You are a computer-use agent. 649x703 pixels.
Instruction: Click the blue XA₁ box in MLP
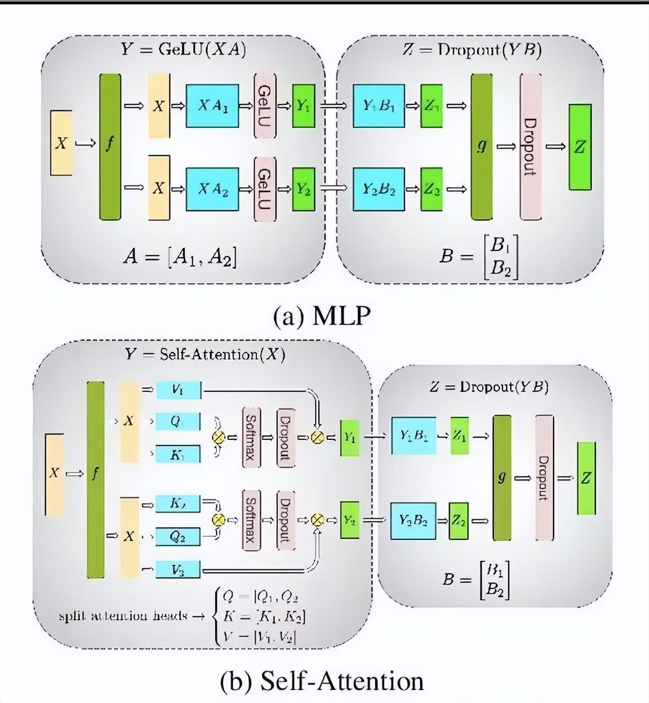(212, 106)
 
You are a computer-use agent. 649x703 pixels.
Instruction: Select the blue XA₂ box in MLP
(212, 189)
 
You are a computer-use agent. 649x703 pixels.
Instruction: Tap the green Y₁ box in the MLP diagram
(303, 106)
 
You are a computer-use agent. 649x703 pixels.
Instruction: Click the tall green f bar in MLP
(110, 146)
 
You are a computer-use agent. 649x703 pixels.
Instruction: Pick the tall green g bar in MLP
(481, 146)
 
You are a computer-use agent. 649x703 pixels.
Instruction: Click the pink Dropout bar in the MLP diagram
(530, 146)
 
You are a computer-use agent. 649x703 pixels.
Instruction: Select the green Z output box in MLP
(580, 147)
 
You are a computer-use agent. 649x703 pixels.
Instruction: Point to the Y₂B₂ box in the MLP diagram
(379, 189)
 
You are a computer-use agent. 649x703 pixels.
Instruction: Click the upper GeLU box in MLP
(265, 106)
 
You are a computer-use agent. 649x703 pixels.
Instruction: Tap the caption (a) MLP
(321, 316)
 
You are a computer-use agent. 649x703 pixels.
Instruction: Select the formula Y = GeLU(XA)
(184, 49)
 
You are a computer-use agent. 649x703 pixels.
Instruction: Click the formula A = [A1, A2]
(180, 257)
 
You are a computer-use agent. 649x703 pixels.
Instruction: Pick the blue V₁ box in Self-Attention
(178, 390)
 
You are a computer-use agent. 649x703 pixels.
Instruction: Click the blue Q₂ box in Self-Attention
(178, 537)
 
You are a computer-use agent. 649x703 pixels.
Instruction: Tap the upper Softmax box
(251, 437)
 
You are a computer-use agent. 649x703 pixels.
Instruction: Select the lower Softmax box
(251, 520)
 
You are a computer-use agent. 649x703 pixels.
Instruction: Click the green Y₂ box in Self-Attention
(350, 520)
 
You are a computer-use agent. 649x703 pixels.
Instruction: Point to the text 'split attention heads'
(123, 616)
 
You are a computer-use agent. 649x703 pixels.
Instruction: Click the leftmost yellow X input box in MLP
(61, 143)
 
